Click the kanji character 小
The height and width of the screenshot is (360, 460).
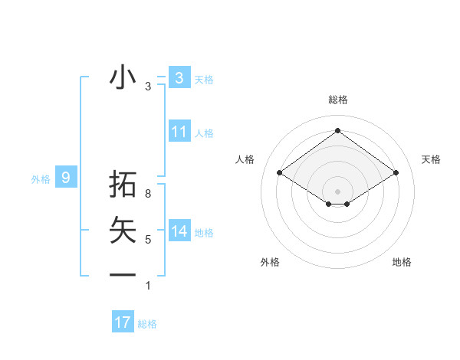pos(123,77)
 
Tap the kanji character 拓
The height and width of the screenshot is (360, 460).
pos(123,185)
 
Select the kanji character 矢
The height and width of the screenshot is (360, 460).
pos(123,230)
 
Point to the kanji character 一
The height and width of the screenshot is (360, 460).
pos(123,274)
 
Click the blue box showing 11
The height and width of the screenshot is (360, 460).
pos(179,132)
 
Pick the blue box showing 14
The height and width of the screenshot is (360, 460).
pos(179,231)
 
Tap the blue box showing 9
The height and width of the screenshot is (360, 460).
pos(66,178)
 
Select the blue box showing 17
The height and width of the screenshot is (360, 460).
pos(123,322)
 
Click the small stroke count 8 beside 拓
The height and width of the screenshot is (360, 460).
pos(148,195)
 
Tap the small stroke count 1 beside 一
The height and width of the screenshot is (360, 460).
pos(148,286)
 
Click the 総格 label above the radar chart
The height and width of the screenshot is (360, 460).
pos(337,100)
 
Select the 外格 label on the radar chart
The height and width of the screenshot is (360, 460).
pos(270,262)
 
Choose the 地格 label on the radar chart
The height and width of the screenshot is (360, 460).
pos(402,262)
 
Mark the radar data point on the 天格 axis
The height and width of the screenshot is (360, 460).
pos(396,173)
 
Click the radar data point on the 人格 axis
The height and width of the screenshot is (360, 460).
pos(279,173)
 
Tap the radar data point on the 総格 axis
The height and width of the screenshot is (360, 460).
pos(337,130)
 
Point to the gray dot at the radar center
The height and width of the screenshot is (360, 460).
pos(337,191)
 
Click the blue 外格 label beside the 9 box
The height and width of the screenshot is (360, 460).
pos(41,179)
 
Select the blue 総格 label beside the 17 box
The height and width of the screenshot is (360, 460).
pos(147,324)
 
